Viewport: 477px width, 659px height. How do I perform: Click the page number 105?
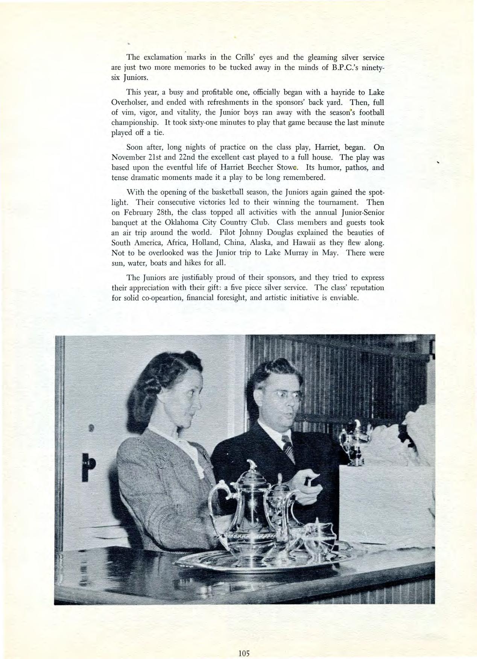(x=244, y=643)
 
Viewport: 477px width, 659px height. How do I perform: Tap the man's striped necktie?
(x=289, y=450)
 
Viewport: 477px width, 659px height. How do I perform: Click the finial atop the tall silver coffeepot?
(x=252, y=465)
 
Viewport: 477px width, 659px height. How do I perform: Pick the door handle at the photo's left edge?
(x=89, y=464)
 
